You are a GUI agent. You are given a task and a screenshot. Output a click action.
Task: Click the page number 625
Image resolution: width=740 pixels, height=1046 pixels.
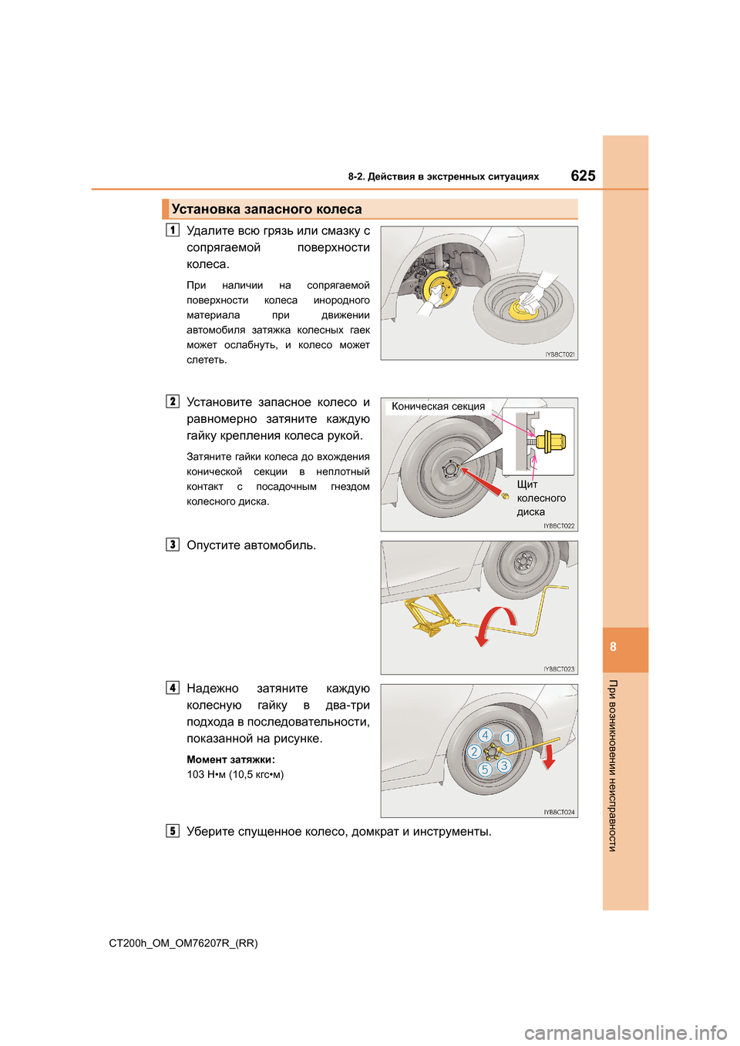pos(583,176)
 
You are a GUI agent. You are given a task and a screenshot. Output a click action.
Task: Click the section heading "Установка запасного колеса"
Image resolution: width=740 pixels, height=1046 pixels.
pos(267,210)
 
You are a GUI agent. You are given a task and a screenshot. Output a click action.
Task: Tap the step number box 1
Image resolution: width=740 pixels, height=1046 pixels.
pos(173,230)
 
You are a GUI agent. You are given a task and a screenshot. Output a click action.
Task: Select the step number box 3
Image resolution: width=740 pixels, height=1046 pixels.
pos(173,545)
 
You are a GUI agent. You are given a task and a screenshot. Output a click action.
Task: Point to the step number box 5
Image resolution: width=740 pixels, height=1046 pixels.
pos(173,831)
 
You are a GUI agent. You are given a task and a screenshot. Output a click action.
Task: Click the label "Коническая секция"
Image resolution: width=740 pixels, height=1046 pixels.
pos(438,407)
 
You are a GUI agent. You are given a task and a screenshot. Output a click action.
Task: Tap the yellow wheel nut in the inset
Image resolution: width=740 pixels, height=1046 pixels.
pos(552,441)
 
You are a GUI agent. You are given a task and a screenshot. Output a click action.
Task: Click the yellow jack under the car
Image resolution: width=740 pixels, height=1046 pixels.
pos(427,616)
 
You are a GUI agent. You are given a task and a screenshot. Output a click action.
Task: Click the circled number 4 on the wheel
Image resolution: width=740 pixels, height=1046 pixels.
pos(486,735)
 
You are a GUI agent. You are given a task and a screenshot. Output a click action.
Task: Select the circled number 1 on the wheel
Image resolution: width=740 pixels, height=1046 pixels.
pos(507,738)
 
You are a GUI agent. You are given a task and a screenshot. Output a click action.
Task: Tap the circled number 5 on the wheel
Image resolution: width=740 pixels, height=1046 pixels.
pos(485,769)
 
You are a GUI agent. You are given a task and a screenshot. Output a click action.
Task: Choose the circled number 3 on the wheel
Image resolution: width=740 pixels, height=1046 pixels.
pos(504,765)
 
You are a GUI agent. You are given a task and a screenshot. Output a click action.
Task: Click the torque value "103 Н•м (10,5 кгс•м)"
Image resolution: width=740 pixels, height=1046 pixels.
pos(235,774)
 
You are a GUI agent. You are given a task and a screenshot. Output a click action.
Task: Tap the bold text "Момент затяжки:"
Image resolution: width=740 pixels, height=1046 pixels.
pos(230,759)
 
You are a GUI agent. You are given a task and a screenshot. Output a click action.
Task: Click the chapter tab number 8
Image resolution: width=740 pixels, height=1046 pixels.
pos(614,647)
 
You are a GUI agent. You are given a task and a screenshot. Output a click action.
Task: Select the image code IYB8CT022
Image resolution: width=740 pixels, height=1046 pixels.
pos(559,526)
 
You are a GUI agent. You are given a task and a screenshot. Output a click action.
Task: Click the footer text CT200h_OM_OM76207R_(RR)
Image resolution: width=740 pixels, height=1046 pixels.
pos(183,943)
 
